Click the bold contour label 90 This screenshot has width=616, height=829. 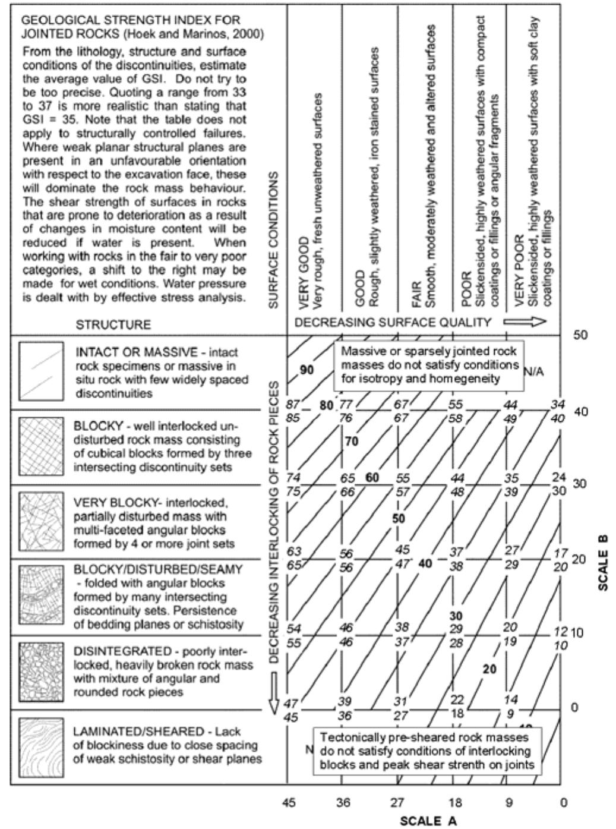tap(307, 370)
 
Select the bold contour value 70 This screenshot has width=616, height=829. tap(352, 442)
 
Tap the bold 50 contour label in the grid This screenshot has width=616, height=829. tap(399, 519)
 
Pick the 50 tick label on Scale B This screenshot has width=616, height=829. tap(580, 335)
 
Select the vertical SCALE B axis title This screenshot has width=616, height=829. tap(604, 562)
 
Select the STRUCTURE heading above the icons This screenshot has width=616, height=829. tap(113, 324)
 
